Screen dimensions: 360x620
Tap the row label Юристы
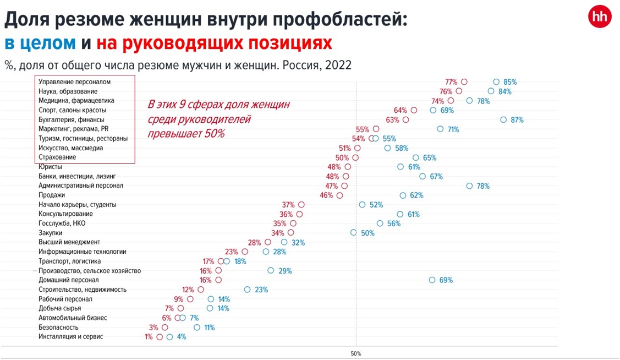coord(50,167)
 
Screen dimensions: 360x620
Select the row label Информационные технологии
coord(82,252)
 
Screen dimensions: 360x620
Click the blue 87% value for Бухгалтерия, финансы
coord(517,120)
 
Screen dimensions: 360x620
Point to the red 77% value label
coord(451,82)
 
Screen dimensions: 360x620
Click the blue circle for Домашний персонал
coord(432,280)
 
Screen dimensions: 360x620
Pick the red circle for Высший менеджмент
coord(268,242)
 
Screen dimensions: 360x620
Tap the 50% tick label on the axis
coord(355,353)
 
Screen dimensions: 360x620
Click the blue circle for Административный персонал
coord(469,186)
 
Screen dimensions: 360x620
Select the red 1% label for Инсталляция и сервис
coord(149,337)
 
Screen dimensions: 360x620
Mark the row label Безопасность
coord(58,328)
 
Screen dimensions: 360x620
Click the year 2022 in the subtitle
coord(338,65)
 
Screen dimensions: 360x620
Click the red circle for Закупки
coord(290,233)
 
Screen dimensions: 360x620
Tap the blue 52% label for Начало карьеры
coord(376,205)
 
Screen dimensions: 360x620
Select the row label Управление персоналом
coord(74,82)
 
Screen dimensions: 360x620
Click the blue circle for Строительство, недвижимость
coord(247,290)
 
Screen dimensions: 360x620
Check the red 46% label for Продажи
coord(326,195)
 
